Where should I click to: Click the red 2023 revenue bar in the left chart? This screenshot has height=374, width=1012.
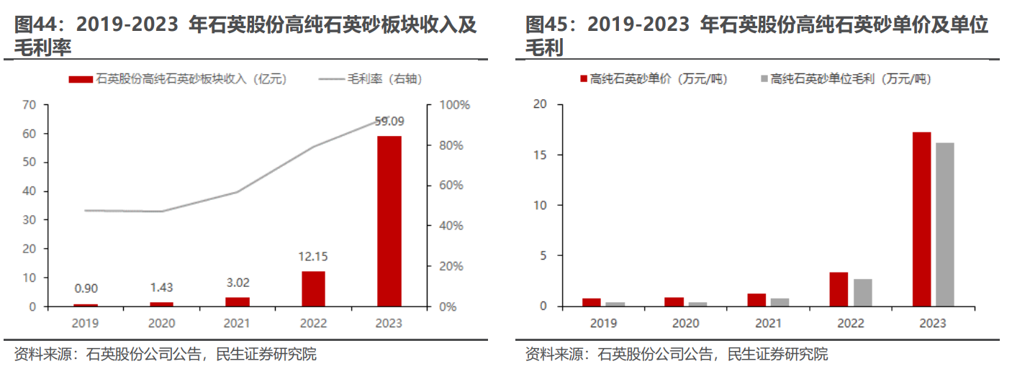point(389,221)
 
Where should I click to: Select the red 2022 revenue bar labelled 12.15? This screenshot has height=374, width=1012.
point(313,288)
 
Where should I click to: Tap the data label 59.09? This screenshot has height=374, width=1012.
point(389,121)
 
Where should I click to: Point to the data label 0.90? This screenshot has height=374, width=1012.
point(86,289)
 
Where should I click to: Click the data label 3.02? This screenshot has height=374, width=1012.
point(237,282)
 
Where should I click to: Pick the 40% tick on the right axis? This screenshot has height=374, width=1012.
point(452,226)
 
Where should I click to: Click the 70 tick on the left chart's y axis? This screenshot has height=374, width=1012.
point(29,105)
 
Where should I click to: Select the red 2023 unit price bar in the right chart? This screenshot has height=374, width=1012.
point(922,219)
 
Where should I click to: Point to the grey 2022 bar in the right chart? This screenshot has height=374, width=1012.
point(862,293)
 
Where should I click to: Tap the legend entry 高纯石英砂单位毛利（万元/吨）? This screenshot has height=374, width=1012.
point(849,79)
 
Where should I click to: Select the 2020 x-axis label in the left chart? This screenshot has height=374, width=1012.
point(161,324)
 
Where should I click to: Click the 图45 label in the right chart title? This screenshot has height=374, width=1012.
point(545,26)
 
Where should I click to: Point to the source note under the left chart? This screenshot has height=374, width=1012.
point(165,355)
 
